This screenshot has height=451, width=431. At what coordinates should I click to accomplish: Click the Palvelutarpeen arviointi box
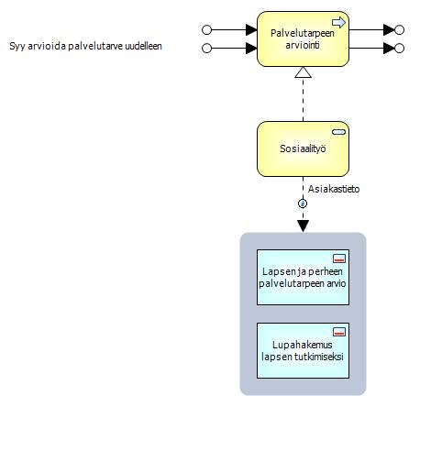(x=303, y=38)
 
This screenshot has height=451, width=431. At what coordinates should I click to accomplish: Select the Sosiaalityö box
(x=303, y=148)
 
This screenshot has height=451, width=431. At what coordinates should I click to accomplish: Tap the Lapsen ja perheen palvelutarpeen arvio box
(x=303, y=277)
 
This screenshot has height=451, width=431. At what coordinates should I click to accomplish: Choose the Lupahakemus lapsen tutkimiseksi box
(x=303, y=350)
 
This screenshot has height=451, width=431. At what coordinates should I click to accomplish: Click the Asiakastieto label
(x=334, y=189)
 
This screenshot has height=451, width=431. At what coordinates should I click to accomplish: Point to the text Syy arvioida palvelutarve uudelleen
(x=85, y=46)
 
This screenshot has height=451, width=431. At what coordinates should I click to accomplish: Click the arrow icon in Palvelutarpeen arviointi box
(x=338, y=22)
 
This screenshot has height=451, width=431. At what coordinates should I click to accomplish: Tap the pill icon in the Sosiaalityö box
(x=338, y=132)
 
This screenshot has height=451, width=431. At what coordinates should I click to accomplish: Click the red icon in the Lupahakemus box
(x=339, y=332)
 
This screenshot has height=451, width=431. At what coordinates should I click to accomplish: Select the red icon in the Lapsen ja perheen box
(x=339, y=258)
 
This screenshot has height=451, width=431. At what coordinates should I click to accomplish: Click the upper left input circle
(x=207, y=29)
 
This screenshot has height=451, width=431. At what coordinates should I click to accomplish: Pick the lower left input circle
(x=207, y=49)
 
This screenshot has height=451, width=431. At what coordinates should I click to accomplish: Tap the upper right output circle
(x=399, y=29)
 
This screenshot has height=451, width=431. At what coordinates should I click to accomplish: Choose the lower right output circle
(x=399, y=49)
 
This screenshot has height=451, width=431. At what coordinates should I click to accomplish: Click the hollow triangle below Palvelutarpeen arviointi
(x=303, y=72)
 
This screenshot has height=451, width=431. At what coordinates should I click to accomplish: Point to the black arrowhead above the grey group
(x=303, y=225)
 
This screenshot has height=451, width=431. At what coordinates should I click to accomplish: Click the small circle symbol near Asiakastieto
(x=303, y=203)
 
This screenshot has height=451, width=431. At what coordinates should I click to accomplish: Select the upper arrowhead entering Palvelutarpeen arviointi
(x=251, y=29)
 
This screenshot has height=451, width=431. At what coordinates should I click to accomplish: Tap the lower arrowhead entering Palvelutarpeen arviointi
(x=251, y=49)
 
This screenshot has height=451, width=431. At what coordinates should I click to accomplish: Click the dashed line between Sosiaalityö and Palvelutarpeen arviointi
(x=303, y=100)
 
